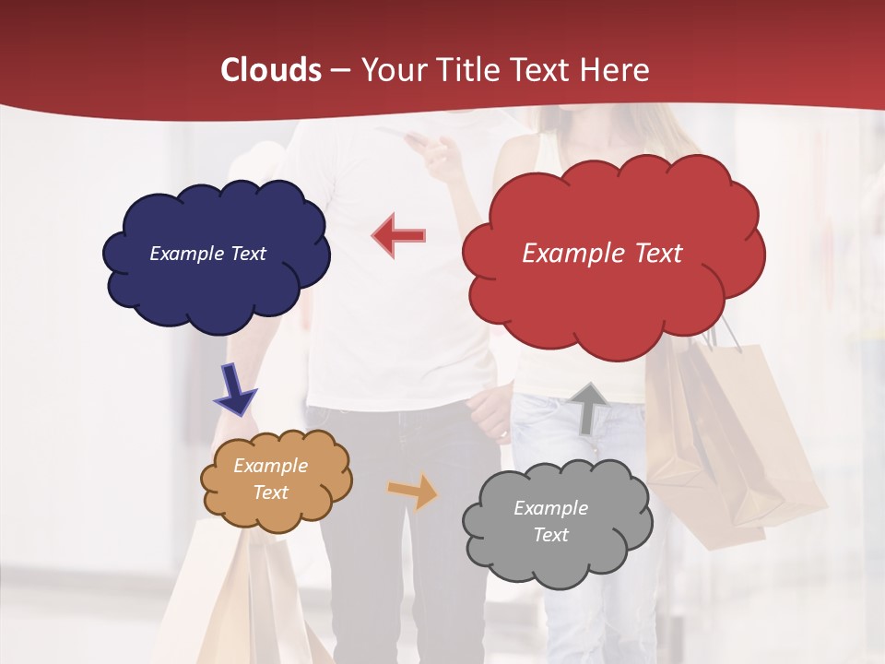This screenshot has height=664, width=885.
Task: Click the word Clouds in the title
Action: point(271,70)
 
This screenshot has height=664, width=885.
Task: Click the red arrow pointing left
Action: point(399,235)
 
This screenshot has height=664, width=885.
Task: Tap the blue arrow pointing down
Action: point(235,388)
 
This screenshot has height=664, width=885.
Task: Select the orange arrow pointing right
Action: point(413,491)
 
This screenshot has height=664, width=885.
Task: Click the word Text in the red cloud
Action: point(658,254)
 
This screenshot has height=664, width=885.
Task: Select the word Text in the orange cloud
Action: point(271,492)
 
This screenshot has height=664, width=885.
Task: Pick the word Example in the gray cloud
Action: point(550,508)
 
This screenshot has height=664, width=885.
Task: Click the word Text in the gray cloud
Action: point(550,535)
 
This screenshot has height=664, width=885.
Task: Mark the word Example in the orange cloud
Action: point(271,466)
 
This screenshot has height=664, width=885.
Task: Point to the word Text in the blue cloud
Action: point(248,254)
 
